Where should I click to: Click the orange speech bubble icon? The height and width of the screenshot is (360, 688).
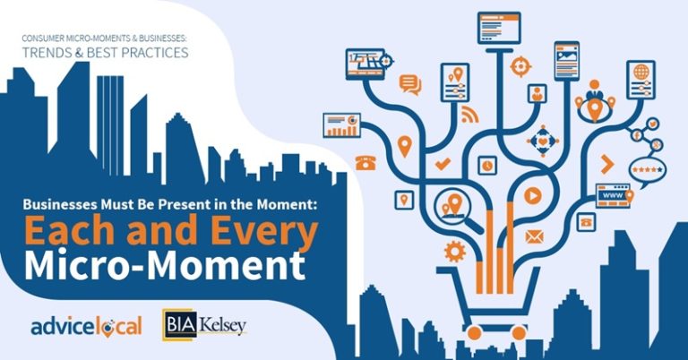click(410, 85)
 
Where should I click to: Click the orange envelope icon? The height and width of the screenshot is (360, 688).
click(535, 237)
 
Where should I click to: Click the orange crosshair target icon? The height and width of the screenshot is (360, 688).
click(519, 65)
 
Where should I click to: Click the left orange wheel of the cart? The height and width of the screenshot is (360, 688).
click(475, 334)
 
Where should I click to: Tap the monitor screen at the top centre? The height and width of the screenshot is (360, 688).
click(499, 28)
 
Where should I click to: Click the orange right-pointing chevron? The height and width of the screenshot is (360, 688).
click(607, 163)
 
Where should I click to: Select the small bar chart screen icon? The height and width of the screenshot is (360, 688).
click(341, 124)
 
